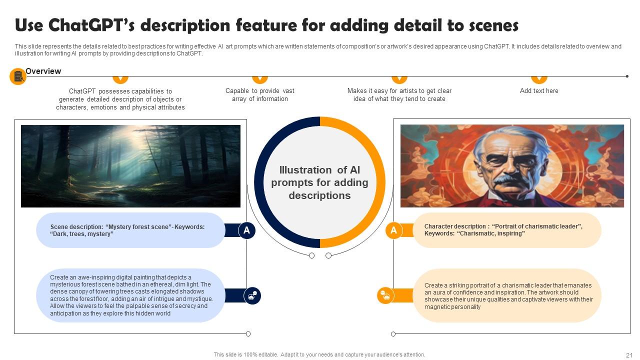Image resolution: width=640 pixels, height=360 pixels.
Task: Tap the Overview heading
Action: click(43, 71)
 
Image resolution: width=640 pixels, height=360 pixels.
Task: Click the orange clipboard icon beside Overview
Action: click(18, 76)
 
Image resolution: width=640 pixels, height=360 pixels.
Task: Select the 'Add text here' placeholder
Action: click(539, 91)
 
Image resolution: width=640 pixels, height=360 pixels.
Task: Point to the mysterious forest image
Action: click(130, 166)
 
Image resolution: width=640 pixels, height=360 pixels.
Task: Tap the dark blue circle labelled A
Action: click(246, 230)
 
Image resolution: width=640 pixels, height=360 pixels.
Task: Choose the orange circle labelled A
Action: click(393, 230)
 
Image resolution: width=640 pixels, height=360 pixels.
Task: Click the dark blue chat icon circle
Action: click(252, 295)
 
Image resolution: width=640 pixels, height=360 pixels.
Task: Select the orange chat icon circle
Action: click(385, 295)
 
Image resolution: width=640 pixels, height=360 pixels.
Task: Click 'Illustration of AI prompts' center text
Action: click(319, 183)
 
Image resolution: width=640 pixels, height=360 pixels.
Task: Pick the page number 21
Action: click(629, 355)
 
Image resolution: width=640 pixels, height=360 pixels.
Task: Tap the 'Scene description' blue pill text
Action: click(127, 230)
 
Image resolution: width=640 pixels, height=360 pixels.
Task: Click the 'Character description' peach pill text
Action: click(503, 230)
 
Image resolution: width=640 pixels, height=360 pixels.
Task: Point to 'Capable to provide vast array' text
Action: click(260, 95)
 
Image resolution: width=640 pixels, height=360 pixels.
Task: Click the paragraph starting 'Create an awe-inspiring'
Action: click(131, 295)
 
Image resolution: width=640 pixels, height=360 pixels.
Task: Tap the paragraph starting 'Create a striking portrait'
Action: click(508, 296)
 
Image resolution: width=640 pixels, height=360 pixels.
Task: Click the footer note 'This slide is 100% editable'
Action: click(319, 355)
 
